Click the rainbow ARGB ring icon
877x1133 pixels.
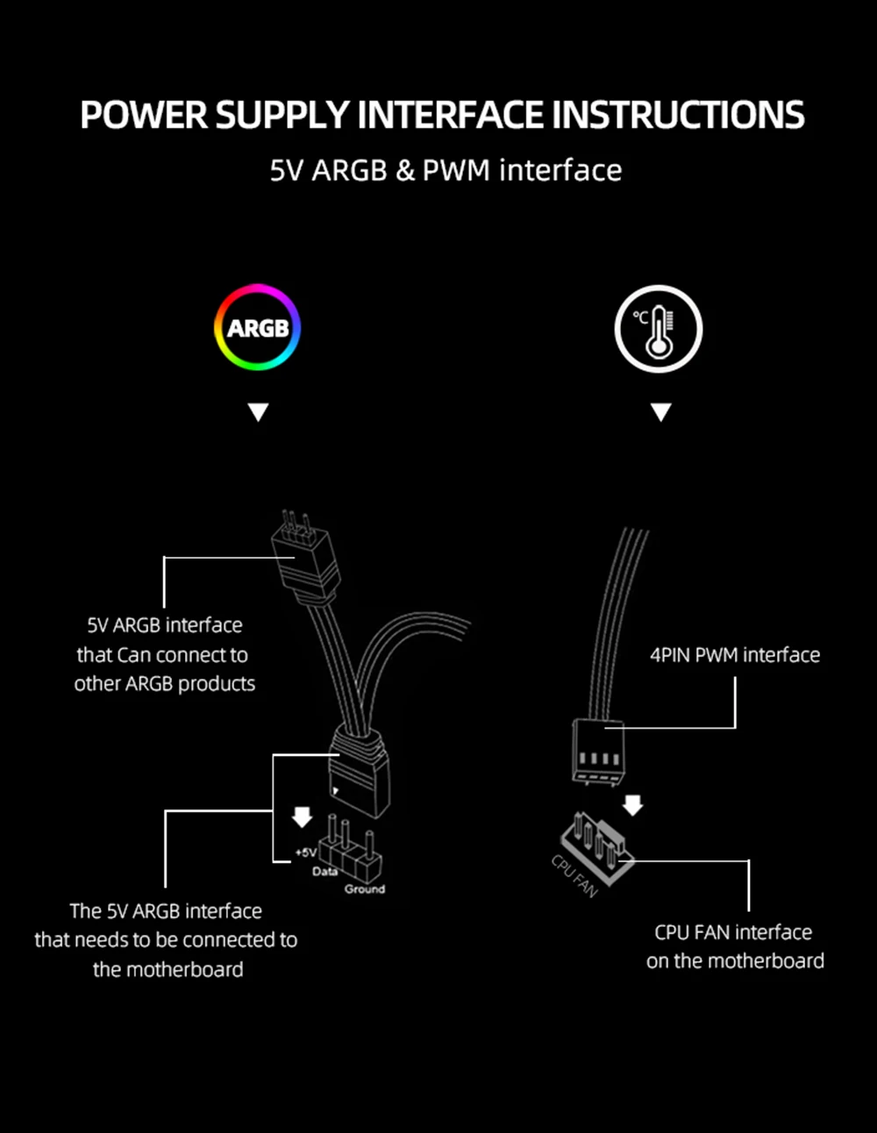click(x=258, y=328)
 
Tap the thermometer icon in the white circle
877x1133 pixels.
click(x=658, y=329)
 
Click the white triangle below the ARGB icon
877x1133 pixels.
click(x=258, y=412)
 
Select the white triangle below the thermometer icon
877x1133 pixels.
click(x=660, y=412)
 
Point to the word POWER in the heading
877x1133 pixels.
click(x=144, y=116)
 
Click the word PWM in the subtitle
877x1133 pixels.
click(x=456, y=170)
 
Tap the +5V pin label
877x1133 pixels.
click(x=305, y=852)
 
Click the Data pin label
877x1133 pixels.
click(x=324, y=872)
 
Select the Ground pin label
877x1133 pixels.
click(x=364, y=889)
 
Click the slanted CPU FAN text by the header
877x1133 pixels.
click(x=574, y=875)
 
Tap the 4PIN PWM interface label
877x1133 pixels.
click(x=735, y=655)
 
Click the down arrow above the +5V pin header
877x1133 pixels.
click(x=302, y=817)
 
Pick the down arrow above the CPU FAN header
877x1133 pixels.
click(x=632, y=804)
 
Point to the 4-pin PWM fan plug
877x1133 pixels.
click(x=597, y=750)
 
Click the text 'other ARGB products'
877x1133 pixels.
click(x=165, y=684)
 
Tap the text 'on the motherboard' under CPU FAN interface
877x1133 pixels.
click(x=735, y=961)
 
